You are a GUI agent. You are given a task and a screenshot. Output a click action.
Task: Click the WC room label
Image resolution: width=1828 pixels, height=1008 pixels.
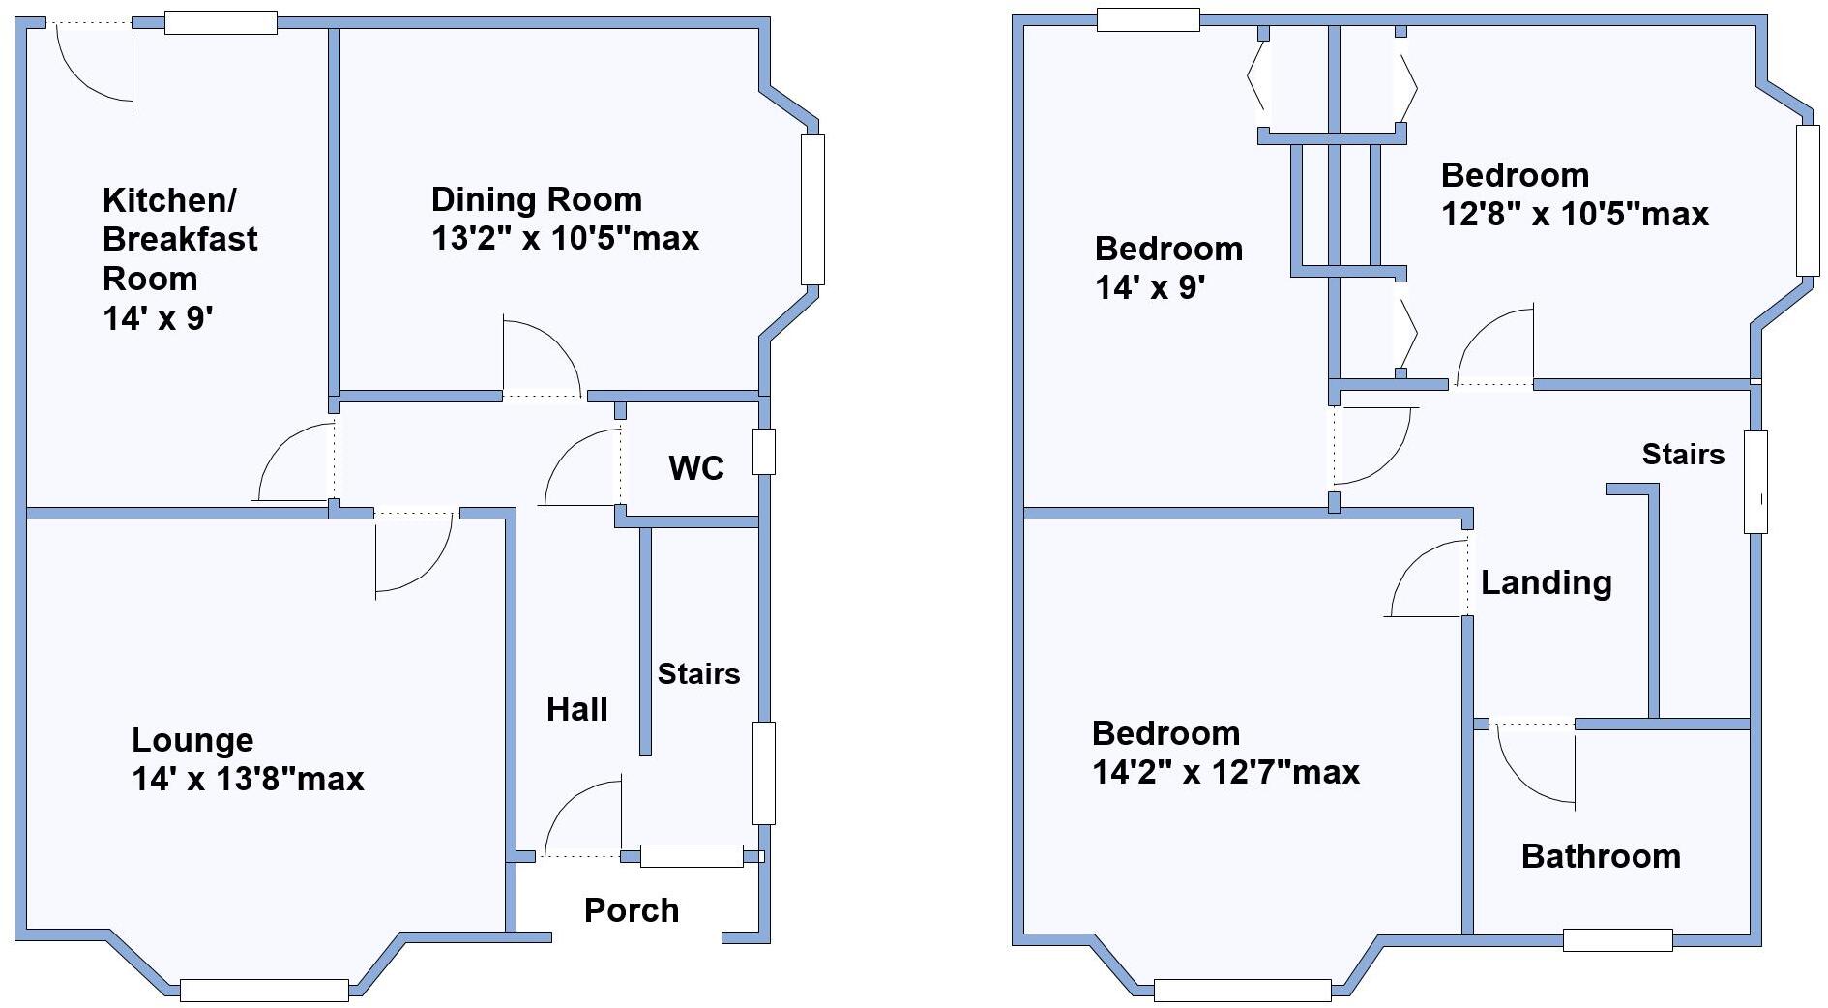pyautogui.click(x=695, y=468)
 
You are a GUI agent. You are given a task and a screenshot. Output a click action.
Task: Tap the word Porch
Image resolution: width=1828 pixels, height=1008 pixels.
pyautogui.click(x=632, y=910)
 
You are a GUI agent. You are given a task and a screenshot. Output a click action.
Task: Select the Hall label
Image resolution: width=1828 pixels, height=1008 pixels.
pyautogui.click(x=576, y=709)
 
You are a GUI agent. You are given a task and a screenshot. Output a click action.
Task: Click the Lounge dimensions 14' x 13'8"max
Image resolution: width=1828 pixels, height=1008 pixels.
pyautogui.click(x=248, y=779)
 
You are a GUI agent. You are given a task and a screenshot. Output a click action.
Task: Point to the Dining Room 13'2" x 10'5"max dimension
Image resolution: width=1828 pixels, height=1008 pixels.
pyautogui.click(x=565, y=239)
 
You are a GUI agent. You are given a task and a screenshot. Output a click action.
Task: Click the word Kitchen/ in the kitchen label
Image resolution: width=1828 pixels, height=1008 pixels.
pyautogui.click(x=169, y=201)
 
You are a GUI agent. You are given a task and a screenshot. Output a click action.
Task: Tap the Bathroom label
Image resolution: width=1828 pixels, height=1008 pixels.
pyautogui.click(x=1601, y=856)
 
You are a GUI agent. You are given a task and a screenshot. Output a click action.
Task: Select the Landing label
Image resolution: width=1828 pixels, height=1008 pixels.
pyautogui.click(x=1546, y=582)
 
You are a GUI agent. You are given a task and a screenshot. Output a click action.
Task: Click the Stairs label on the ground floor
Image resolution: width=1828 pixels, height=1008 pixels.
pyautogui.click(x=698, y=674)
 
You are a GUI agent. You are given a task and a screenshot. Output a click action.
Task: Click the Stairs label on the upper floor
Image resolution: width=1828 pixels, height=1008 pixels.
pyautogui.click(x=1683, y=455)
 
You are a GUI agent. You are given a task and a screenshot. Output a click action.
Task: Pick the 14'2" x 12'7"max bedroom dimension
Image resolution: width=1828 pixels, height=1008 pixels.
pyautogui.click(x=1225, y=773)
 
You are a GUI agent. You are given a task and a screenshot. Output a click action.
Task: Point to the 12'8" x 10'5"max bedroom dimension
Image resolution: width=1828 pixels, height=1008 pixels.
pyautogui.click(x=1575, y=214)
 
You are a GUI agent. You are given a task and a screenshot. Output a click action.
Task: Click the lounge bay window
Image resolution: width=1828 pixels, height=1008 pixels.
pyautogui.click(x=264, y=990)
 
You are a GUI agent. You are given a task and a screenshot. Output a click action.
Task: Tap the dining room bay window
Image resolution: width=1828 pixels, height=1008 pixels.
pyautogui.click(x=812, y=209)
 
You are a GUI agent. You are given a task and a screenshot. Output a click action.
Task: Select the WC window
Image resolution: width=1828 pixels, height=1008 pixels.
pyautogui.click(x=764, y=452)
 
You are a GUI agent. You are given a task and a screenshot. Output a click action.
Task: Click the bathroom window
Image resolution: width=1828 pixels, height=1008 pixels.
pyautogui.click(x=1617, y=939)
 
